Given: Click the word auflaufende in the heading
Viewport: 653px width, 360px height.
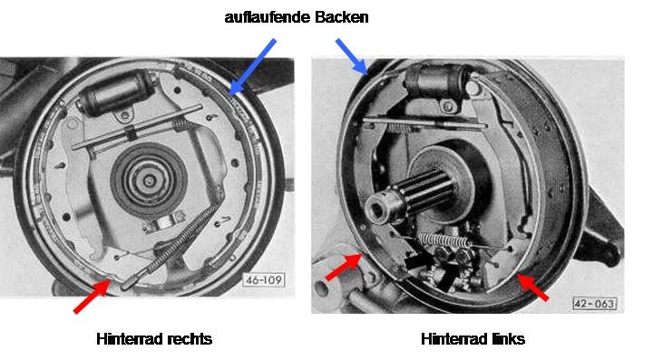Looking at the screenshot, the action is tap(268, 17).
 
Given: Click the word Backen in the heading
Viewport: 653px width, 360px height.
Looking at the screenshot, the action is tap(342, 17).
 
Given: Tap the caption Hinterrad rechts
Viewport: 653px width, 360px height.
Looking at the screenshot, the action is tap(154, 339).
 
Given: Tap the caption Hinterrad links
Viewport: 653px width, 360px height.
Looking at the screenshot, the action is tap(473, 339).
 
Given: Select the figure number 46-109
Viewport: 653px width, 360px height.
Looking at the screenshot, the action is tap(264, 279).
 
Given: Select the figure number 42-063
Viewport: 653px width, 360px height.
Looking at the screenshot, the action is tap(595, 304).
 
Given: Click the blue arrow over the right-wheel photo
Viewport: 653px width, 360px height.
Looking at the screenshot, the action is tap(252, 67).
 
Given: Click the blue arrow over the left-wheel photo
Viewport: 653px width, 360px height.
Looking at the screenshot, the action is tap(352, 57).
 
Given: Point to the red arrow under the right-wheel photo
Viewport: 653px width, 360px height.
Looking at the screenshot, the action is tap(92, 296).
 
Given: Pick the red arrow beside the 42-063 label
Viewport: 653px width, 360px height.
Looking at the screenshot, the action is tap(532, 287).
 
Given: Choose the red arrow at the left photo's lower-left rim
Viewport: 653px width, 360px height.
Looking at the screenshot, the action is tap(344, 267).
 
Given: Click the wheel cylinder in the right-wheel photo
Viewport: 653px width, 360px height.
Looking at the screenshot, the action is tap(117, 92).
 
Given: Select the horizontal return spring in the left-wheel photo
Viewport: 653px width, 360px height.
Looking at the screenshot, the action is tap(444, 240).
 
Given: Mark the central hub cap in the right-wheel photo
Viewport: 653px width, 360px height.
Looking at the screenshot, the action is tap(149, 180).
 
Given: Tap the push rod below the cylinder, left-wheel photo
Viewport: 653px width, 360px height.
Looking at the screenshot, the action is tap(424, 123).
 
